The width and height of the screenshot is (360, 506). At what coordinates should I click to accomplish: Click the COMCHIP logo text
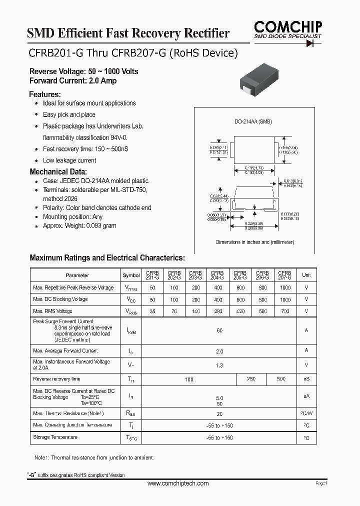(x=287, y=26)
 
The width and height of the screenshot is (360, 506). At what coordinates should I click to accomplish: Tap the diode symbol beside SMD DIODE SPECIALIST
(x=313, y=43)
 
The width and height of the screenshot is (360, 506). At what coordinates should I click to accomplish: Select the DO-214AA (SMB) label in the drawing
(x=253, y=122)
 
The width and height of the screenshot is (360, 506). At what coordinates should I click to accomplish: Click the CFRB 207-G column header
(x=284, y=275)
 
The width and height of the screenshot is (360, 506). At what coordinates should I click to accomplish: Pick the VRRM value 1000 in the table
(x=285, y=288)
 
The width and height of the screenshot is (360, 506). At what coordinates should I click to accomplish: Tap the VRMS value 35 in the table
(x=152, y=311)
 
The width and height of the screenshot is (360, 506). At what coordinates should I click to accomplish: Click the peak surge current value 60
(x=219, y=330)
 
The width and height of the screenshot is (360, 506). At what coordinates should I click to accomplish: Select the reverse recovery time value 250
(x=251, y=379)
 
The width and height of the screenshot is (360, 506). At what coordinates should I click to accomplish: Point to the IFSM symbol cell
(x=131, y=330)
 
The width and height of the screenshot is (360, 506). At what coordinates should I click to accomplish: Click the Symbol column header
(x=131, y=275)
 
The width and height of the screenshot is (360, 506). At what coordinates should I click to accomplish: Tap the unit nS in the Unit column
(x=306, y=379)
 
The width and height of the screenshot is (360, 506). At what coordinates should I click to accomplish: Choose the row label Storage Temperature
(x=55, y=437)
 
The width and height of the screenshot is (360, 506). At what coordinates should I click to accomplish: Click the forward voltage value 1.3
(x=219, y=365)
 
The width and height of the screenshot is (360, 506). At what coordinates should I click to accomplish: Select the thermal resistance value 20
(x=219, y=414)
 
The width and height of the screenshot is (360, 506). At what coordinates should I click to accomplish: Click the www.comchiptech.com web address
(x=178, y=483)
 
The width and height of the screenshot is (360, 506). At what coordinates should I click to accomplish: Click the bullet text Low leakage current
(x=69, y=160)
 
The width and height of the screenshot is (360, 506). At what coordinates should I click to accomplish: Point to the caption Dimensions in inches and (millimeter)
(x=254, y=242)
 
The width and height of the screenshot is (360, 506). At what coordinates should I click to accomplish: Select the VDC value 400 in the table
(x=218, y=299)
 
